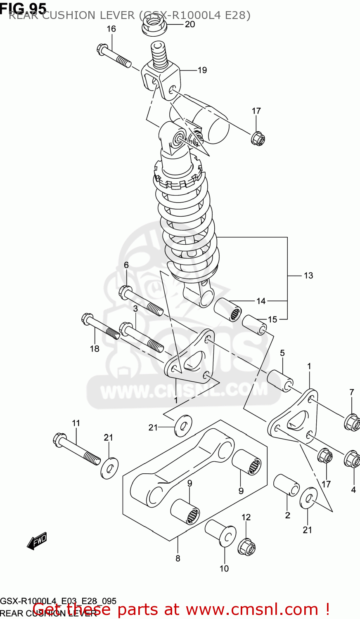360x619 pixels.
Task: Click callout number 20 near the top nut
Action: point(190,24)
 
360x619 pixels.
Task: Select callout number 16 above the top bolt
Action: point(111,29)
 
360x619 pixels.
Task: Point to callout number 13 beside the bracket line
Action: point(308,276)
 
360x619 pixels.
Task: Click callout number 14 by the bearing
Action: point(261,301)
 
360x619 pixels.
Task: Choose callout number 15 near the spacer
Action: point(272,319)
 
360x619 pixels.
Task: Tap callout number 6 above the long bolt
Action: point(126,265)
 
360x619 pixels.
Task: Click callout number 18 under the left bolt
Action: point(95,349)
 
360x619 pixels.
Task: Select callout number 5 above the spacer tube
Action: point(282,353)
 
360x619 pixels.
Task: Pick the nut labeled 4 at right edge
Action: point(352,459)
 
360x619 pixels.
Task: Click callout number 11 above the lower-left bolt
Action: point(76,423)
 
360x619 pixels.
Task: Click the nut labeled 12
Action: point(246,547)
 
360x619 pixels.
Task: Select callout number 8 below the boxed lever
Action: point(178,558)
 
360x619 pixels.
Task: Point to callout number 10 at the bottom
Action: point(224,569)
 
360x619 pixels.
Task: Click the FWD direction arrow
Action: point(37,541)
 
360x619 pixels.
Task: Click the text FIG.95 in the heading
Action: point(23,7)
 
